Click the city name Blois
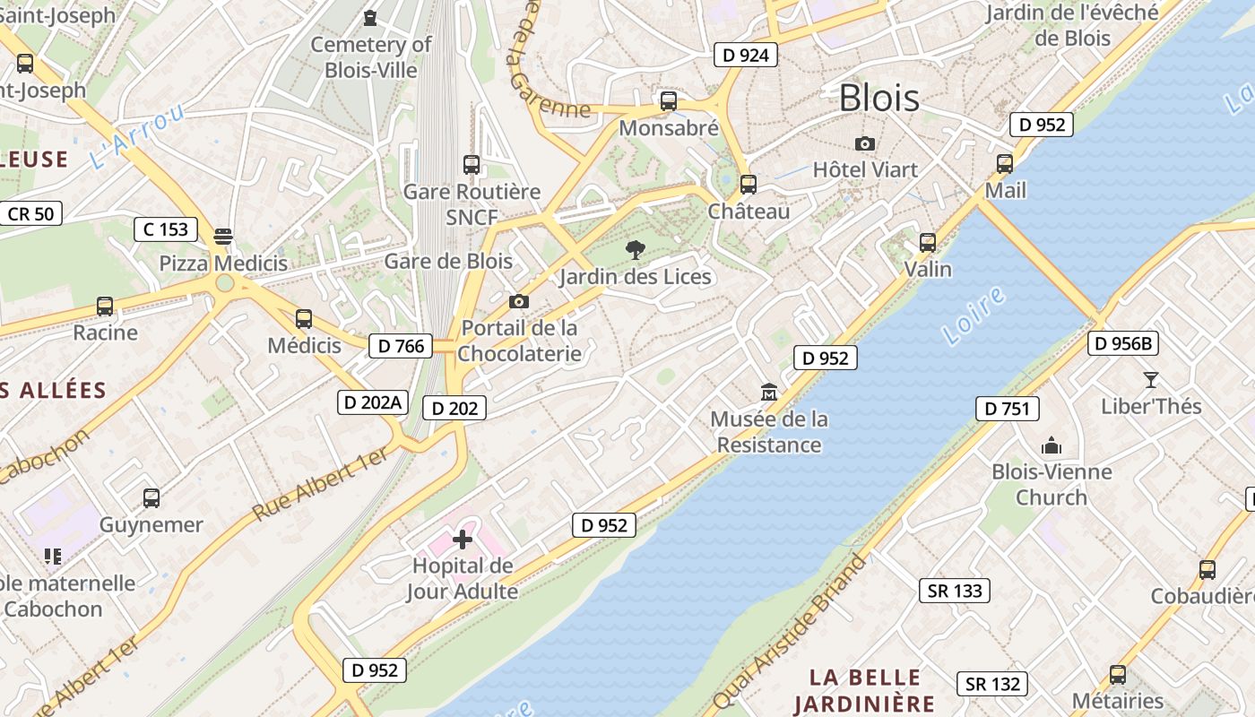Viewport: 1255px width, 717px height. pos(878,98)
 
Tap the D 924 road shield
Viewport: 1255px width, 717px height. pos(745,55)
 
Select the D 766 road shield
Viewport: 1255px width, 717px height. pos(401,346)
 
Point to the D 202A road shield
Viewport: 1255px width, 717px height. pos(372,402)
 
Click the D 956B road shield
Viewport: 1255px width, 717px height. pos(1123,343)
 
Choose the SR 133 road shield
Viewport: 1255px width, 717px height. pos(955,591)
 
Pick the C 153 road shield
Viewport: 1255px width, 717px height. pos(166,229)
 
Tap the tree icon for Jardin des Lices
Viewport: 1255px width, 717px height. pos(636,250)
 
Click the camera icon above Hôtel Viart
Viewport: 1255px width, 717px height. pos(865,143)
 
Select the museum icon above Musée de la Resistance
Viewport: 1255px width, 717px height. pos(768,393)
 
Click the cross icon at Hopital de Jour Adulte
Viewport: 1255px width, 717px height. pos(463,540)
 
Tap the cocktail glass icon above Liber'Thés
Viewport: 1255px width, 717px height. pos(1151,380)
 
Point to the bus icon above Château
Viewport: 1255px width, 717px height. pos(748,185)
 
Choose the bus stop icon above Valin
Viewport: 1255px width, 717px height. pos(928,243)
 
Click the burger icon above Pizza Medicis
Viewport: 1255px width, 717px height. pos(223,237)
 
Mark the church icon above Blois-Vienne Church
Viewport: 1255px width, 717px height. pos(1052,445)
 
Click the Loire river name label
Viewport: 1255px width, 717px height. pos(974,316)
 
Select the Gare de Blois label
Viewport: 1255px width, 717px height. pos(448,262)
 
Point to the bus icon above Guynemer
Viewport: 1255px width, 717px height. pos(151,498)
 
